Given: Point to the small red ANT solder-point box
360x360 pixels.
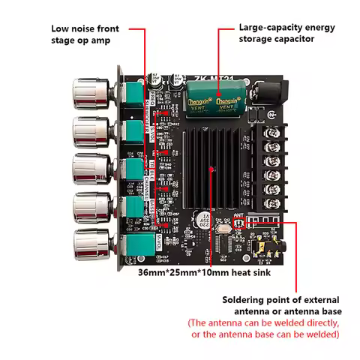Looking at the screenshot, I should (x=239, y=223).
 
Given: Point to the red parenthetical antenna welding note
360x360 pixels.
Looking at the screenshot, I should (x=264, y=328).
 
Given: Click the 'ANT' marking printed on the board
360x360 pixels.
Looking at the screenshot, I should (x=238, y=214).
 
